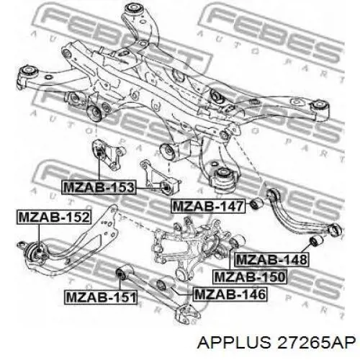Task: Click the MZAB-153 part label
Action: click(99, 187)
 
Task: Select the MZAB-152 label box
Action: click(54, 217)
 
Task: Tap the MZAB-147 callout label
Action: click(208, 206)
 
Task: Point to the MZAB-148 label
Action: click(271, 259)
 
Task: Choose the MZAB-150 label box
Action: click(250, 276)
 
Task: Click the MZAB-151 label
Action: click(101, 297)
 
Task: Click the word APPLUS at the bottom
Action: click(233, 342)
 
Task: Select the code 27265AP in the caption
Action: click(315, 342)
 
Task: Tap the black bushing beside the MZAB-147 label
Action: click(256, 204)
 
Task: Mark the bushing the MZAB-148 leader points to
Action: click(315, 240)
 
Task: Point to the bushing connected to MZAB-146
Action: click(163, 284)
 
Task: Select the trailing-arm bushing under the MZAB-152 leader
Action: click(37, 253)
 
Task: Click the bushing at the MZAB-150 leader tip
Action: click(236, 242)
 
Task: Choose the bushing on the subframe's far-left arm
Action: click(29, 71)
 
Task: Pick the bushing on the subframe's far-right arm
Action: click(320, 105)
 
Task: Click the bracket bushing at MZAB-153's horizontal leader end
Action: click(167, 187)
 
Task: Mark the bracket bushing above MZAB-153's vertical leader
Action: click(99, 150)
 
